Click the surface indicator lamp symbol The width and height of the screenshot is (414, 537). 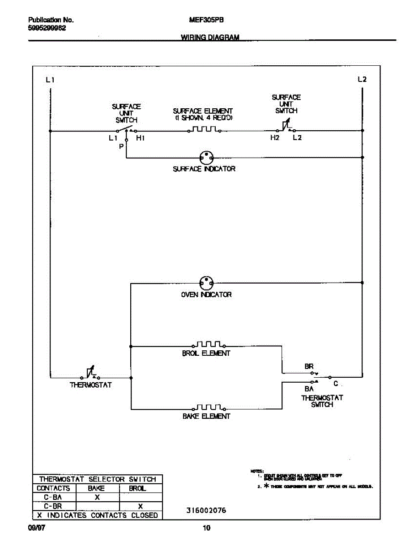pyautogui.click(x=206, y=157)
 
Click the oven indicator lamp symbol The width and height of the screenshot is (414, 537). pyautogui.click(x=206, y=283)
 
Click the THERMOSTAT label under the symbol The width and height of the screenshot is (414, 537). pyautogui.click(x=91, y=385)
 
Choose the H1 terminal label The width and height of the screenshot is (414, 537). pyautogui.click(x=140, y=138)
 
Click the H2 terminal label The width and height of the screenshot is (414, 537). pyautogui.click(x=275, y=138)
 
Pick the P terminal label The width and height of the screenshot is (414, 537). pyautogui.click(x=121, y=146)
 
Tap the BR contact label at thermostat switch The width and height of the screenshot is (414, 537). pyautogui.click(x=309, y=366)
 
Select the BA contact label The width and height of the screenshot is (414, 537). pyautogui.click(x=309, y=389)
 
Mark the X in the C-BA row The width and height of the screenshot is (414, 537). pyautogui.click(x=97, y=497)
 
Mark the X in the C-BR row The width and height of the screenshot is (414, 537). pyautogui.click(x=140, y=506)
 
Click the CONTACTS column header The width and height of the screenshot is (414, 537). pyautogui.click(x=54, y=488)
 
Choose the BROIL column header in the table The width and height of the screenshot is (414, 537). pyautogui.click(x=137, y=488)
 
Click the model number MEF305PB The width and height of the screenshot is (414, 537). pyautogui.click(x=207, y=20)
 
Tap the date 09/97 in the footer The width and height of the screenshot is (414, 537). pyautogui.click(x=36, y=528)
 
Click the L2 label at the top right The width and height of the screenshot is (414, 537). pyautogui.click(x=362, y=80)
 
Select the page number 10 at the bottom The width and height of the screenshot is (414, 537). pyautogui.click(x=206, y=528)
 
